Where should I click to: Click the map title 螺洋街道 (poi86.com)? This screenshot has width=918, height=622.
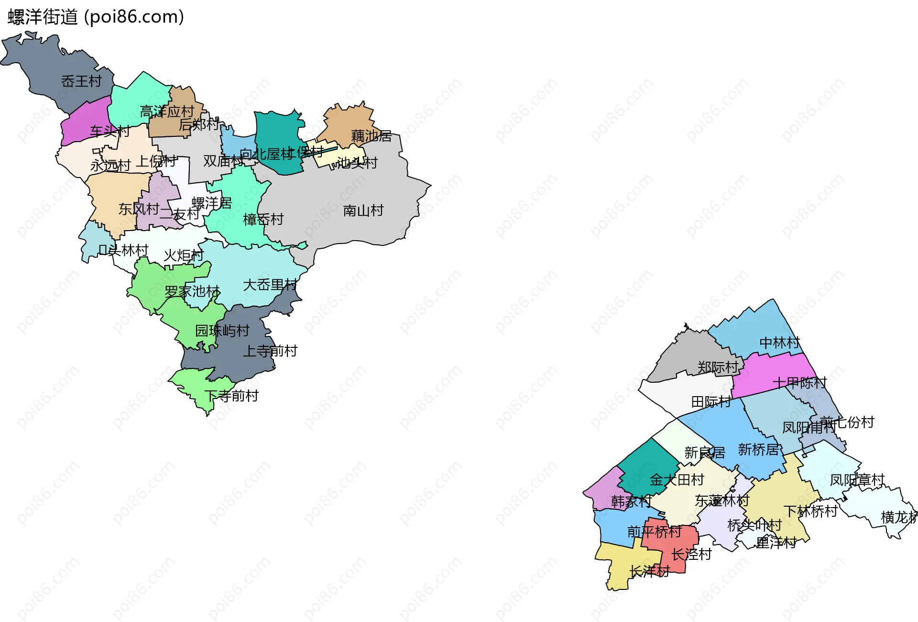point(96,17)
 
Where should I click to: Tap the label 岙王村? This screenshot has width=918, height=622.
point(81,81)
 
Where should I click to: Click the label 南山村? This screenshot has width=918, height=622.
point(363,211)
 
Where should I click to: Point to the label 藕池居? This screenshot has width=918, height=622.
point(371,136)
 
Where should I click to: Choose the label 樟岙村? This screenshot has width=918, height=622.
point(263,220)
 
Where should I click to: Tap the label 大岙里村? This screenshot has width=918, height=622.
point(270,285)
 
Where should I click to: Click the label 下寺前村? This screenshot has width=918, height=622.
point(231,396)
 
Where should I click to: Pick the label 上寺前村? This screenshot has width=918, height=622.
point(270,351)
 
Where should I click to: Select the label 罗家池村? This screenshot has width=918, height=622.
point(192,291)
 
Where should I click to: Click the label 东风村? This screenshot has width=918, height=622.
point(139,209)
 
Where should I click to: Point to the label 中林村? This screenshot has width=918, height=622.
point(779,343)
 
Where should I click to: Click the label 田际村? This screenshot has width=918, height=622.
point(711,402)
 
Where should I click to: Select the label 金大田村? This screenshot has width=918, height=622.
point(677,479)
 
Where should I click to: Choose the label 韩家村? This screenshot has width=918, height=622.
point(631,501)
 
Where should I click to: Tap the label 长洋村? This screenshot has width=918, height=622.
point(649,571)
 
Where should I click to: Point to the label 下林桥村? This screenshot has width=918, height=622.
point(810,511)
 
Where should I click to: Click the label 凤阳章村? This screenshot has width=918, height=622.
point(857,480)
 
